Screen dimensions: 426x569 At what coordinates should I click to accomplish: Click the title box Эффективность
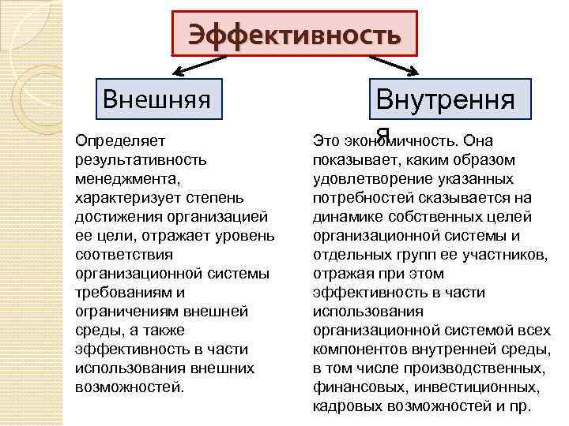pyautogui.click(x=294, y=35)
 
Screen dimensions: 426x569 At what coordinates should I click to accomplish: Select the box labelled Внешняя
pyautogui.click(x=156, y=99)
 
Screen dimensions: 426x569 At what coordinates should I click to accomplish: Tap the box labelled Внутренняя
pyautogui.click(x=445, y=103)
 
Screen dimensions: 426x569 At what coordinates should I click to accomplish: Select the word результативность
pyautogui.click(x=141, y=160)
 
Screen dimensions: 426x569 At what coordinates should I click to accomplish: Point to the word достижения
pyautogui.click(x=114, y=217)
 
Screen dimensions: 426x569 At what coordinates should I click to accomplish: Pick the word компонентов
pyautogui.click(x=359, y=349)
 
